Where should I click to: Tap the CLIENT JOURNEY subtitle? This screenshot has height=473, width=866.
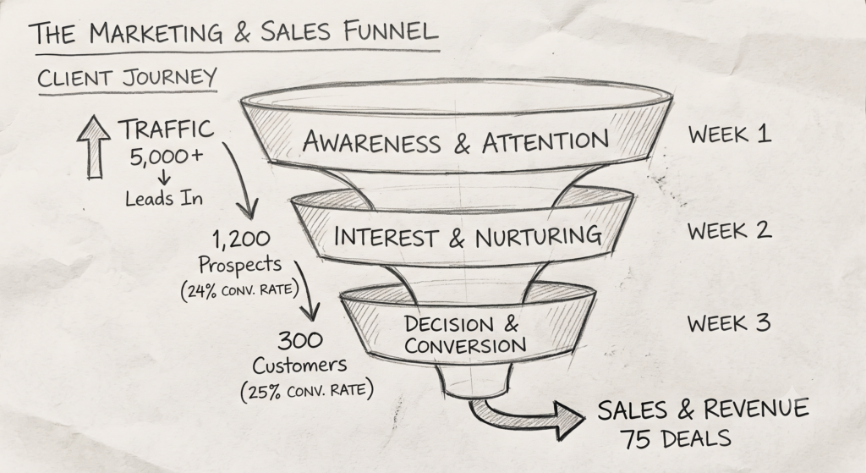tap(127, 77)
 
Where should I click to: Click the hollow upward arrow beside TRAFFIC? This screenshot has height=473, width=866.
tap(94, 147)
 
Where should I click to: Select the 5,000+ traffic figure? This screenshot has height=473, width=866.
tap(167, 157)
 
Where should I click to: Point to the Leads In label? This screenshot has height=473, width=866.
tap(164, 198)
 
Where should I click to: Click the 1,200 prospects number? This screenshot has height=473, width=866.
tap(241, 239)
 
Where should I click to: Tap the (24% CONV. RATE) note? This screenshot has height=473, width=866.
tap(239, 290)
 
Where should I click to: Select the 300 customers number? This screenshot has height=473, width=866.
tap(300, 340)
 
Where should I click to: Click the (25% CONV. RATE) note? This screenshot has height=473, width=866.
tap(307, 391)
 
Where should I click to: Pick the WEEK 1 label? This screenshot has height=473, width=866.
tap(729, 135)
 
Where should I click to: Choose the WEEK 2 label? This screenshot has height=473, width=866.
tap(729, 230)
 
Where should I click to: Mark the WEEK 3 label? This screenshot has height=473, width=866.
tap(729, 323)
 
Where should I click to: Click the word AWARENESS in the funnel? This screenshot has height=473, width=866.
tap(372, 142)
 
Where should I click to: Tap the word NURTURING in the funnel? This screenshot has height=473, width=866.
tap(538, 237)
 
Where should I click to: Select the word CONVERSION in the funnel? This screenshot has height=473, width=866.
tap(465, 346)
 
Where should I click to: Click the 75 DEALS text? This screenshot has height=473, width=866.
tap(675, 439)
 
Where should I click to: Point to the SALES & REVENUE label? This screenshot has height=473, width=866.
tap(703, 410)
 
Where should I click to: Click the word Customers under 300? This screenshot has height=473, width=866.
tap(300, 366)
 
